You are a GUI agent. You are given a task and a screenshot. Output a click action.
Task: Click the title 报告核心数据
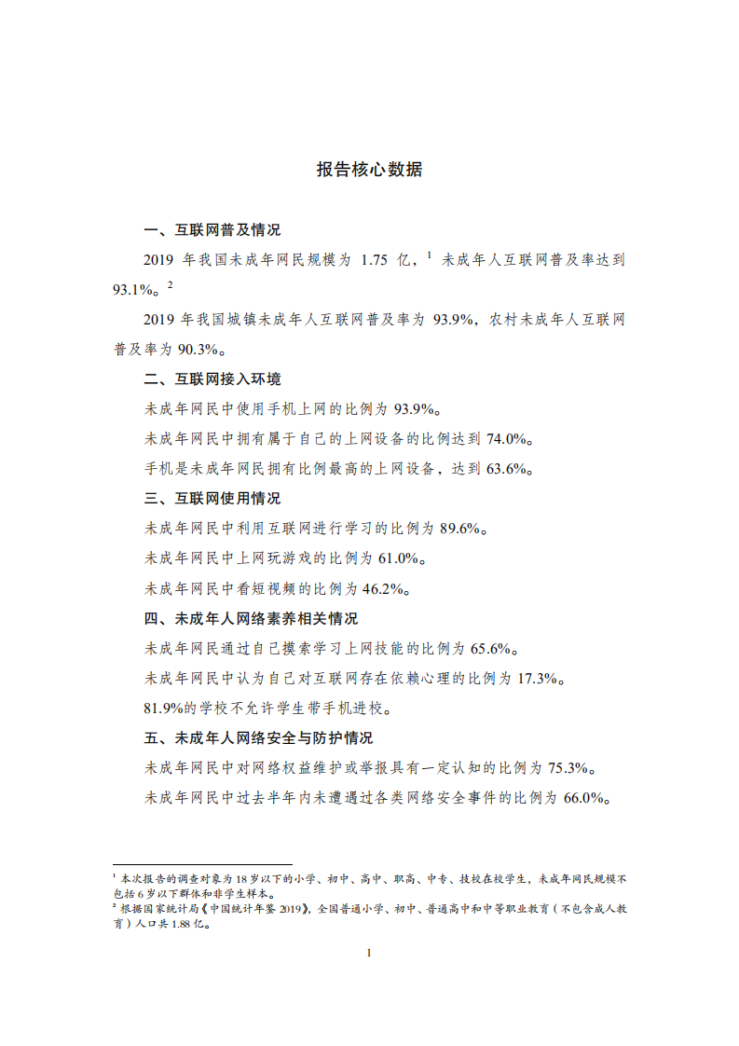click(369, 170)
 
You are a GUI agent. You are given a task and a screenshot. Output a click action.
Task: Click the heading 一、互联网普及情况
click(212, 230)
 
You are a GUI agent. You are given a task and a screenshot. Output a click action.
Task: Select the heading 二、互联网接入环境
click(212, 378)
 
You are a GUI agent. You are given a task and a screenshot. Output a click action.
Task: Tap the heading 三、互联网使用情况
click(212, 499)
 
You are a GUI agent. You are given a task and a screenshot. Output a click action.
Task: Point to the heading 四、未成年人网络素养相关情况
click(251, 619)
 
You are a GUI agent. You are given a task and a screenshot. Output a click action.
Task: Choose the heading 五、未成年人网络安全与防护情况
click(258, 738)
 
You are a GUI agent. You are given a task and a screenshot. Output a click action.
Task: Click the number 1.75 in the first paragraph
click(376, 260)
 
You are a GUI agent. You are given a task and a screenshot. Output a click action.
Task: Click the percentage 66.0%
click(582, 798)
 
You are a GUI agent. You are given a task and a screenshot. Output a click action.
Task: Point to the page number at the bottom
click(370, 952)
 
